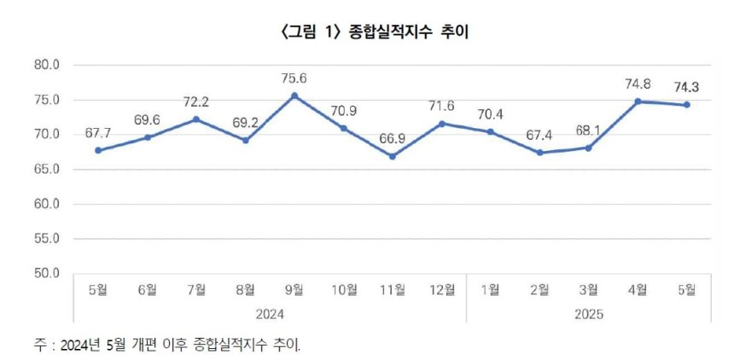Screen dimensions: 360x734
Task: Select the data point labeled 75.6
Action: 294,96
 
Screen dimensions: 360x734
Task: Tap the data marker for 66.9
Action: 393,156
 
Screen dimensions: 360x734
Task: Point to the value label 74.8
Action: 638,84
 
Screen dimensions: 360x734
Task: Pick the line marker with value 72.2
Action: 196,119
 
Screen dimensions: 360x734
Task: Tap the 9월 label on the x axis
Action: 294,290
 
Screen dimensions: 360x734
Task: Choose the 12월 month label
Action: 442,290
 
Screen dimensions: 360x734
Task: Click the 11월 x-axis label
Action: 393,290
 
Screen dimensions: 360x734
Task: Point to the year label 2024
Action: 270,314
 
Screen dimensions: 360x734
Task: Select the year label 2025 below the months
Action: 589,314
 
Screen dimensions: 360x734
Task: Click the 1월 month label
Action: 491,290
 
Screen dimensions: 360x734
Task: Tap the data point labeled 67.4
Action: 539,153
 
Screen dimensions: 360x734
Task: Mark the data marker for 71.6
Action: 442,124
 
